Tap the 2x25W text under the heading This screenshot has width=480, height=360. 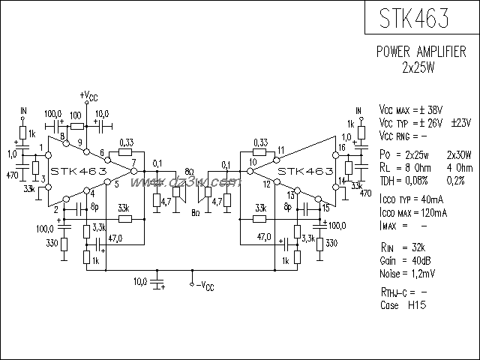[x=421, y=67]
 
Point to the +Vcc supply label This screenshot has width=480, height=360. [x=88, y=96]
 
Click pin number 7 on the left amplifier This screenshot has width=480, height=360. [x=133, y=162]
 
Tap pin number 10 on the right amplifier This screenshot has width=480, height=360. [x=253, y=162]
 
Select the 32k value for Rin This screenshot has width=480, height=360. [x=418, y=247]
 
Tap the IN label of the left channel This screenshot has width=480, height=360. [x=23, y=110]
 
